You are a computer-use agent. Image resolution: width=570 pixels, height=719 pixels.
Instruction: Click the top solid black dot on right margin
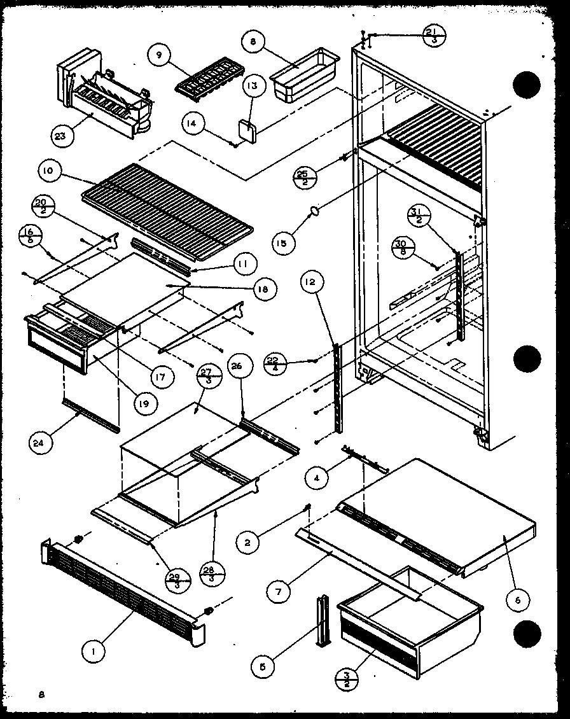point(527,87)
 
